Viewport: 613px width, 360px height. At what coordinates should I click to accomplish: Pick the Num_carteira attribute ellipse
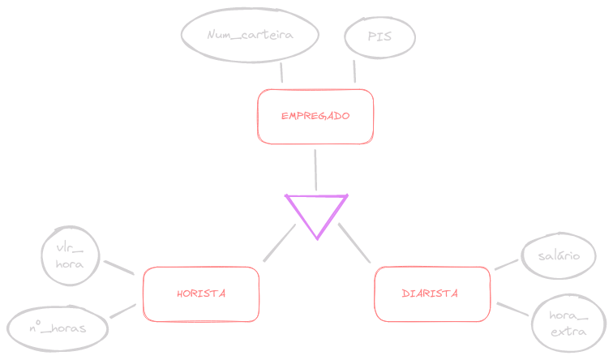point(249,35)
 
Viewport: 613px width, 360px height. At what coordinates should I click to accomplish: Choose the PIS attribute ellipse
point(379,36)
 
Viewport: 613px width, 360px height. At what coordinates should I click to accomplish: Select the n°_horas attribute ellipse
point(58,328)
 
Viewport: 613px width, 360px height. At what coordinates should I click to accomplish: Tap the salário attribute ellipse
point(559,255)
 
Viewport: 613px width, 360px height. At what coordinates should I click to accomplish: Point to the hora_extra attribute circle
point(568,324)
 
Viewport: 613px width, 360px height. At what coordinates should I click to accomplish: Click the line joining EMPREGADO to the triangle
point(315,168)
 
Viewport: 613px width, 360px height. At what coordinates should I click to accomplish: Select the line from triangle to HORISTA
point(280,243)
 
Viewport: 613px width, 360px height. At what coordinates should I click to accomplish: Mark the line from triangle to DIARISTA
point(354,243)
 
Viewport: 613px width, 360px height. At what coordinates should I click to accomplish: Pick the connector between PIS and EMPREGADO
point(354,70)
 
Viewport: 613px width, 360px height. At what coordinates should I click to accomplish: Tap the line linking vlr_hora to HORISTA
point(118,268)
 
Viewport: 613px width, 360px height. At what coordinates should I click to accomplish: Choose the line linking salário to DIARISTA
point(506,264)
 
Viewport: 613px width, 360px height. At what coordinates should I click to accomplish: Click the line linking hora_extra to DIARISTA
point(513,310)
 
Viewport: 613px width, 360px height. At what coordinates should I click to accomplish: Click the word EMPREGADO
point(315,116)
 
